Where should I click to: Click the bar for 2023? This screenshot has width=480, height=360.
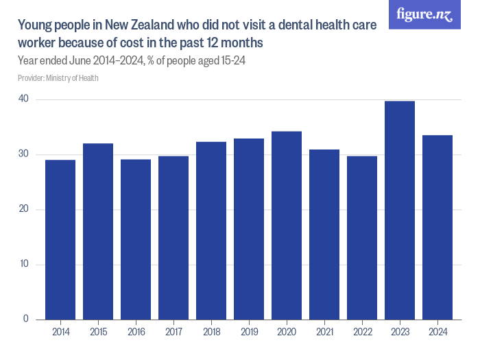click(x=400, y=210)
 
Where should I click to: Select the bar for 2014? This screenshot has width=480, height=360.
click(x=60, y=239)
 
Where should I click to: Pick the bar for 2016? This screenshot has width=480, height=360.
click(x=136, y=239)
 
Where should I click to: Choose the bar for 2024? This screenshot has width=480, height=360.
click(x=437, y=227)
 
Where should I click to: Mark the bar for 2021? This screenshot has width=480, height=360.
click(x=324, y=234)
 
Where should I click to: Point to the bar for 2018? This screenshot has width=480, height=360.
click(x=211, y=230)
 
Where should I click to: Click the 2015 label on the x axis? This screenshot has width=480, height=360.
click(x=98, y=332)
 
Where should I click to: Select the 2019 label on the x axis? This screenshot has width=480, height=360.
click(x=249, y=332)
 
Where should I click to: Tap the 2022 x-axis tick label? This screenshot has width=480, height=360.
click(x=362, y=332)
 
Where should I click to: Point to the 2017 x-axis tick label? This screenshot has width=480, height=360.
click(x=173, y=332)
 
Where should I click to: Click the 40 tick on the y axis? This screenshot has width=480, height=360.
click(x=23, y=99)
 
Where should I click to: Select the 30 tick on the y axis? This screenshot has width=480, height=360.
click(x=23, y=154)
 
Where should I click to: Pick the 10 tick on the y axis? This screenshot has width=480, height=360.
click(x=23, y=265)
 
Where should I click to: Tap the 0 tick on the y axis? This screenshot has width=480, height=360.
click(x=25, y=320)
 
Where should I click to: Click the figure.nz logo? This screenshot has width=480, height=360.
click(x=424, y=14)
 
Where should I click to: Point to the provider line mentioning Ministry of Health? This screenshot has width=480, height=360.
click(x=58, y=78)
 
